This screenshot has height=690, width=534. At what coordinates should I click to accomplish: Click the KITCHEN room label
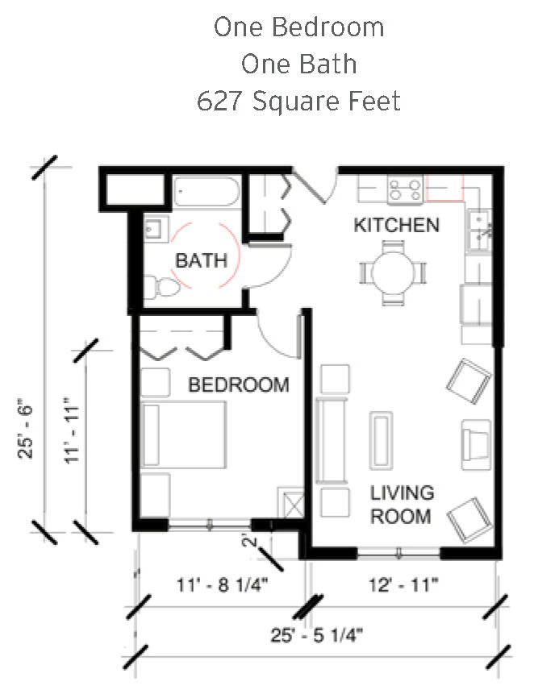point(397,225)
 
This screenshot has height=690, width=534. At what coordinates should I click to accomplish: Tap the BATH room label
point(201,260)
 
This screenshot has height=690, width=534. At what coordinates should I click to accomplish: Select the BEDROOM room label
point(239,385)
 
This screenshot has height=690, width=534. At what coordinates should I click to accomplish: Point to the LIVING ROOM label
point(402,505)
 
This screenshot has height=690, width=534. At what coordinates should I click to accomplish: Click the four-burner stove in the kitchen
point(405,189)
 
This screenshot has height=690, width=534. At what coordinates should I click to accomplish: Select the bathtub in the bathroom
point(207,191)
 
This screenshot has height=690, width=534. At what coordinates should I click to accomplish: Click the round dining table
point(393,272)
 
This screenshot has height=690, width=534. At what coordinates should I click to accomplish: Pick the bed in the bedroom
point(183,434)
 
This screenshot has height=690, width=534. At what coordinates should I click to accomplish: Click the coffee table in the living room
point(382,440)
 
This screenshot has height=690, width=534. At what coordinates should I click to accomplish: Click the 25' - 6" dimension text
point(26,429)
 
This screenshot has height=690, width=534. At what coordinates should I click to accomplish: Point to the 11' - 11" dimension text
point(72,430)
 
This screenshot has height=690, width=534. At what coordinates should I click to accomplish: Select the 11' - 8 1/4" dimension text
point(222,585)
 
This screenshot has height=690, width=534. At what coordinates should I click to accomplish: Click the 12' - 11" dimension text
point(403,585)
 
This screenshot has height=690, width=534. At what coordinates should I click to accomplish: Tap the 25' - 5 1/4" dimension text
point(316,635)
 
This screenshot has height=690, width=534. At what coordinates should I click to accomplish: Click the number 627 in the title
point(219,101)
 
